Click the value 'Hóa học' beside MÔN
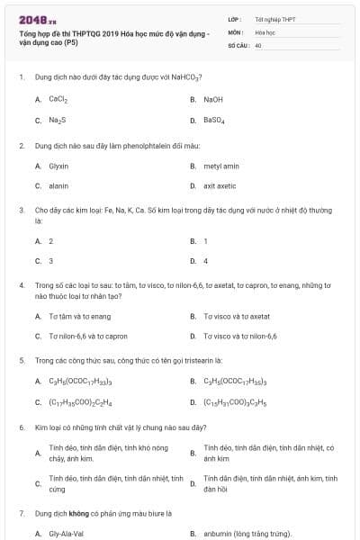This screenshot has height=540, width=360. point(265,31)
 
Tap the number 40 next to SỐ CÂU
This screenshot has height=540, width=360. point(258,44)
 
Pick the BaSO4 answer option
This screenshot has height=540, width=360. point(214,120)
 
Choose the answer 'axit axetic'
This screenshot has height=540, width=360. point(220,185)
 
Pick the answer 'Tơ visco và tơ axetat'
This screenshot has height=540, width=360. point(237,316)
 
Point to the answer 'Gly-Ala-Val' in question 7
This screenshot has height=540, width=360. point(66,533)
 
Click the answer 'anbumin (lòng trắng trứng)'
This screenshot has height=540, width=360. point(247,533)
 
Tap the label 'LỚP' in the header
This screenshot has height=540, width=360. point(234,19)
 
